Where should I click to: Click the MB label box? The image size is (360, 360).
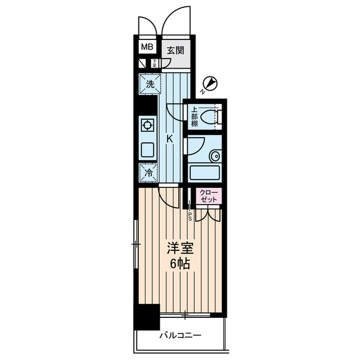click(x=146, y=48)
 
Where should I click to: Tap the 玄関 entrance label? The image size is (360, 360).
click(x=175, y=50)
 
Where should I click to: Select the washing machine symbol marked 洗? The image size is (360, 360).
click(x=150, y=84)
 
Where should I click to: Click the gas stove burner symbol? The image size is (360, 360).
click(x=148, y=125)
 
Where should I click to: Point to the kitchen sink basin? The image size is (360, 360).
click(x=148, y=149)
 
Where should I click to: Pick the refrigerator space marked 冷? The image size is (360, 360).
click(x=149, y=173)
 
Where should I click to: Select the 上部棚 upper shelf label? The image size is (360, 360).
click(x=193, y=117)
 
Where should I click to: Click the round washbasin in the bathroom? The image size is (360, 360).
click(x=214, y=156)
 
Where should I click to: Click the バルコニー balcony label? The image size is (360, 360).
click(x=179, y=336)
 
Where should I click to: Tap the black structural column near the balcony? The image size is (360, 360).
click(x=146, y=316)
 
